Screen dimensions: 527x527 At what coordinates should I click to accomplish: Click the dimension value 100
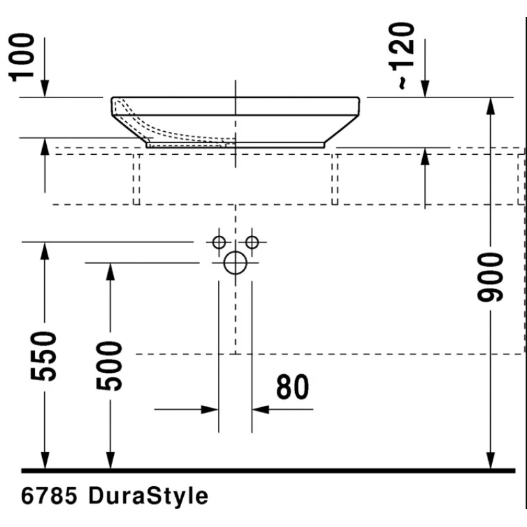pos(22,57)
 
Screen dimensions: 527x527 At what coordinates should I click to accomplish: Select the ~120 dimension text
pos(401,56)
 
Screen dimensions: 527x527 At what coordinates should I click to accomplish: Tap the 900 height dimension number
pos(490,277)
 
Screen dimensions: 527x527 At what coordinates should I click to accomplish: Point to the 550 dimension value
pos(43,356)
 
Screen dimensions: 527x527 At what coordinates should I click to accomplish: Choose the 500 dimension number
pos(109,366)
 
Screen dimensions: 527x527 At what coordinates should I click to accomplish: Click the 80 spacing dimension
pos(292,387)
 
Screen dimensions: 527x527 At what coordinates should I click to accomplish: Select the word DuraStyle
pos(148,496)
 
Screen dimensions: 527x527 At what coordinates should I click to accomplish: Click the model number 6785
pos(49,496)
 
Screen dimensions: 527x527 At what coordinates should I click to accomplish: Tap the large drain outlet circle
pos(235,263)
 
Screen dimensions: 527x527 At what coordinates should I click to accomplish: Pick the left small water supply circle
pos(219,242)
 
